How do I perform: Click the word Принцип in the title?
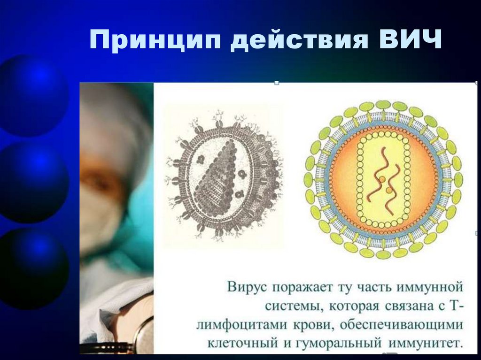click(155, 41)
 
